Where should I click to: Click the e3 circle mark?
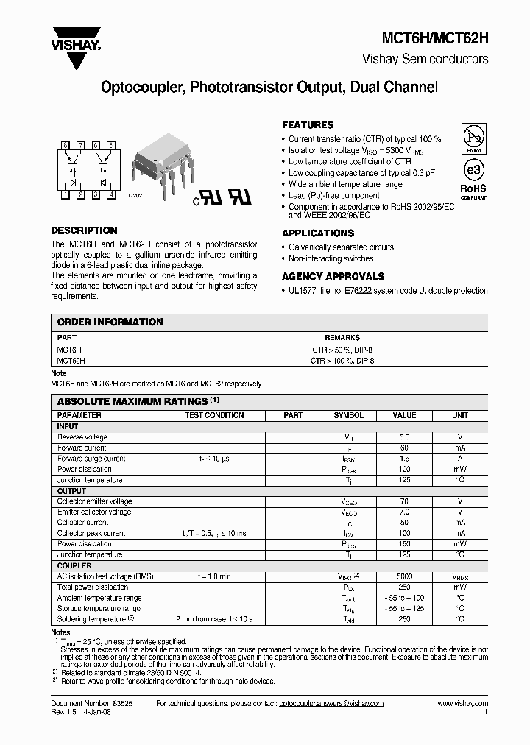[473, 169]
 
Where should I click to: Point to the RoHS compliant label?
[473, 191]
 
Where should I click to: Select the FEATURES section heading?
[308, 125]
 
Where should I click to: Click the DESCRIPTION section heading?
[84, 230]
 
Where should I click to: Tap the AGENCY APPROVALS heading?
[333, 276]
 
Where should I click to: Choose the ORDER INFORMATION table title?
[110, 322]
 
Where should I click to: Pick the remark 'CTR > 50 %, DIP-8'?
[343, 350]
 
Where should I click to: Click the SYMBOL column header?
[348, 415]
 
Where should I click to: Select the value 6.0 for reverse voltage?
[404, 437]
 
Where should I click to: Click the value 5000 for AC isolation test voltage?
[404, 576]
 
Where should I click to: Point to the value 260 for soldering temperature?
[404, 619]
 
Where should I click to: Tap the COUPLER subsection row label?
[74, 566]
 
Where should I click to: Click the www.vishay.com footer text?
[462, 704]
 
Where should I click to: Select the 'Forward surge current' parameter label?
[92, 458]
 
